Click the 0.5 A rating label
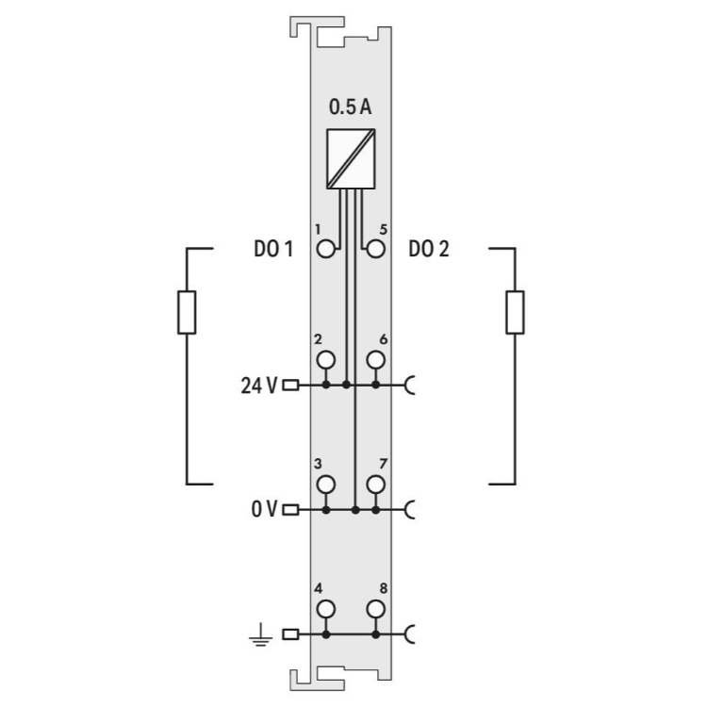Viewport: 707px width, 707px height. click(x=351, y=107)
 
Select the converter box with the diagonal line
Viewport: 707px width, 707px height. click(x=351, y=158)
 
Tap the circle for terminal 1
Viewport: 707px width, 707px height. click(x=325, y=249)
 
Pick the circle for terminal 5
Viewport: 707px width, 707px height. click(x=375, y=249)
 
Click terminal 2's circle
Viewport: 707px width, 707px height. click(x=325, y=360)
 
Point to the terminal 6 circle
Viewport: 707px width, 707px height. click(x=375, y=360)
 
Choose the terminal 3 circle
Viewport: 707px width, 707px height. click(x=325, y=485)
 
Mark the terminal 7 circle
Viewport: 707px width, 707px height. click(x=375, y=485)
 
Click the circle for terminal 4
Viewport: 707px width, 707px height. click(x=325, y=609)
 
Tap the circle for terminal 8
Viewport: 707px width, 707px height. click(x=375, y=609)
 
